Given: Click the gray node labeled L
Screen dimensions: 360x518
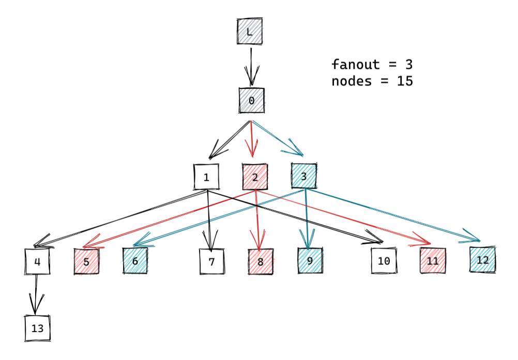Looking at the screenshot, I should pos(250,32).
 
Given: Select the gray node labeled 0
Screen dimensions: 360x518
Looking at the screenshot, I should pos(251,100).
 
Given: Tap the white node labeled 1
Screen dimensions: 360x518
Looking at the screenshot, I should pos(206,177).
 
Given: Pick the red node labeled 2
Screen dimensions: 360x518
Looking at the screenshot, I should pos(255,177).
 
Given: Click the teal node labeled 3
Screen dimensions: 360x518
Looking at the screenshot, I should pos(304,176).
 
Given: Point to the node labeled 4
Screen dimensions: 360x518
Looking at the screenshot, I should pos(37,261).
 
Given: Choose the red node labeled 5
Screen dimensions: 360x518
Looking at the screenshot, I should pos(86,261).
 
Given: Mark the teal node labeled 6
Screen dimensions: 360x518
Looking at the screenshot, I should pos(135,261).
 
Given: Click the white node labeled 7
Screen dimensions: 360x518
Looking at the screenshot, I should pos(211,261).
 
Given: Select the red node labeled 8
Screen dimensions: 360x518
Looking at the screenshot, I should pos(261,261).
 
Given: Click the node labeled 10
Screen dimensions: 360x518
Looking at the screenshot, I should pos(384,261).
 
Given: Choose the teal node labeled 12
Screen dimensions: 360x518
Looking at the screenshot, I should pos(482,260).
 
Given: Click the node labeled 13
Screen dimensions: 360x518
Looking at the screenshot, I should pos(38,328).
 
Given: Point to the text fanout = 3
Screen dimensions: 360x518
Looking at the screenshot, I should pos(372,65).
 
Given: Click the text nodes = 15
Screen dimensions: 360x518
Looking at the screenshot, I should pos(372,81).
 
